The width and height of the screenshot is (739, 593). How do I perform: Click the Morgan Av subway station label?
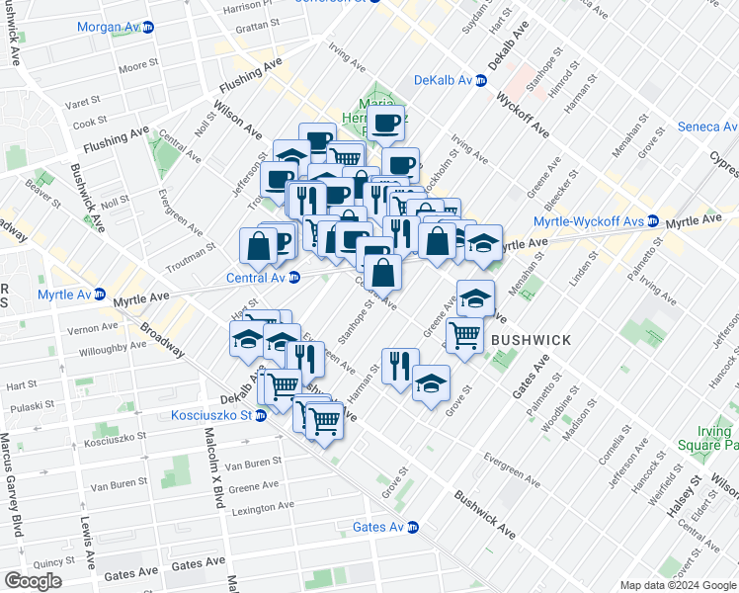tap(109, 26)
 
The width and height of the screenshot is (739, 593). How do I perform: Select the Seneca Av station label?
tap(706, 127)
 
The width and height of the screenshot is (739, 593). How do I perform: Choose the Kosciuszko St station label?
tap(210, 415)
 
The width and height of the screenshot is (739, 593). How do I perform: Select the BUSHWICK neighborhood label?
tap(531, 340)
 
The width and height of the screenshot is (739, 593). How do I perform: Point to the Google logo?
tap(34, 581)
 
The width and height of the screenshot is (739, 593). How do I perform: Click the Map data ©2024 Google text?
tap(678, 585)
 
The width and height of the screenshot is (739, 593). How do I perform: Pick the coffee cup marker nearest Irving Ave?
tap(386, 122)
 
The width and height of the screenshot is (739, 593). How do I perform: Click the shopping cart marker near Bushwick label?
tap(464, 334)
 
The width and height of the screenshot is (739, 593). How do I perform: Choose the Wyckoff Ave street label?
tap(523, 116)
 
